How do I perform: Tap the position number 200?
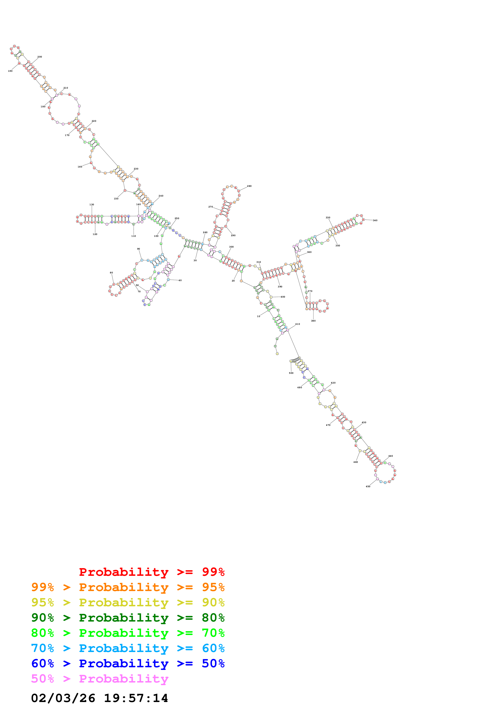pyautogui.click(x=40, y=57)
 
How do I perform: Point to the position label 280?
pyautogui.click(x=249, y=186)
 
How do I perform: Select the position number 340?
pyautogui.click(x=375, y=221)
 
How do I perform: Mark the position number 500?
pyautogui.click(x=291, y=373)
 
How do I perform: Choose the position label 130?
pyautogui.click(x=92, y=205)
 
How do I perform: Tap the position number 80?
pyautogui.click(x=111, y=273)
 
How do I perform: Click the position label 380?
pyautogui.click(x=313, y=321)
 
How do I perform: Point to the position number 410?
pyautogui.click(x=297, y=324)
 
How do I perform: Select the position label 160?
pyautogui.click(x=80, y=167)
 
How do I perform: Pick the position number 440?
pyautogui.click(x=390, y=456)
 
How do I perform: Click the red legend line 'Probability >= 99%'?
pyautogui.click(x=151, y=572)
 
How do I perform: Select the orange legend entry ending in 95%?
pyautogui.click(x=128, y=587)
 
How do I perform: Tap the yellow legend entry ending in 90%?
pyautogui.click(x=128, y=602)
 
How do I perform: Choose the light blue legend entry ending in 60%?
pyautogui.click(x=128, y=648)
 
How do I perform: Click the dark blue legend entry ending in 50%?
pyautogui.click(x=128, y=663)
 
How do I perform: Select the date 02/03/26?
pyautogui.click(x=63, y=698)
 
